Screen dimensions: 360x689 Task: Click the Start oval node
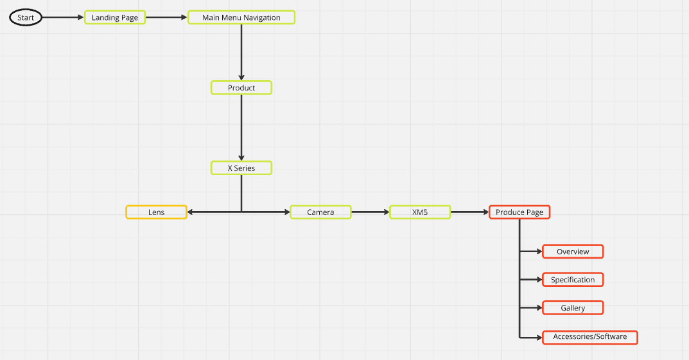(x=26, y=17)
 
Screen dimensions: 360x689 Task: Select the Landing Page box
(x=115, y=17)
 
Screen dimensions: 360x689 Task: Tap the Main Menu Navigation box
(x=241, y=17)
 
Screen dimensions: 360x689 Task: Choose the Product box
(x=241, y=87)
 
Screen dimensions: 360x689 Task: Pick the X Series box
(x=241, y=168)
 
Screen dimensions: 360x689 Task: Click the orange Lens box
(x=156, y=212)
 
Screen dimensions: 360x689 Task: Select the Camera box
(x=320, y=212)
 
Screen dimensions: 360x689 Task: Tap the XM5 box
(x=420, y=212)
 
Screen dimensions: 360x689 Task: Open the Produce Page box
(x=519, y=212)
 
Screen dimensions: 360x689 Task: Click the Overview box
(x=573, y=252)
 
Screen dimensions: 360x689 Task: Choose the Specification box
(x=573, y=280)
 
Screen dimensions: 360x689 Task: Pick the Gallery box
(x=573, y=308)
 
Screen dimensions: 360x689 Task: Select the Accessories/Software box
(x=590, y=336)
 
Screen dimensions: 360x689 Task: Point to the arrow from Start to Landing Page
(x=64, y=17)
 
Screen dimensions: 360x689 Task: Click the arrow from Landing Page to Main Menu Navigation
(x=166, y=17)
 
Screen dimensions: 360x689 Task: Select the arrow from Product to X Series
(x=241, y=128)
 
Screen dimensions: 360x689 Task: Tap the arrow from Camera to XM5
(x=371, y=212)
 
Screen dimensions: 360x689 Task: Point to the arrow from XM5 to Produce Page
(x=470, y=212)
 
